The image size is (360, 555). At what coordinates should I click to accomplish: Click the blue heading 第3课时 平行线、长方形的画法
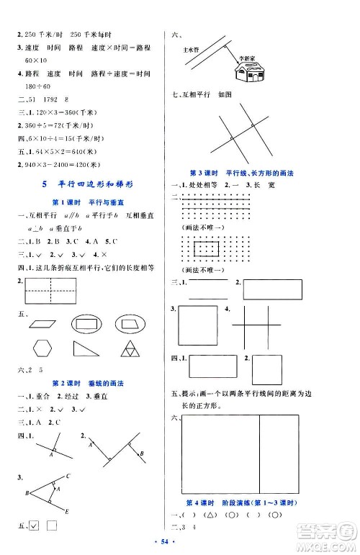tap(264, 174)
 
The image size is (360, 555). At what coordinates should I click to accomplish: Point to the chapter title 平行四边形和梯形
tap(98, 185)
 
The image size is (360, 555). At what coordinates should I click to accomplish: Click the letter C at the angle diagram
tap(67, 477)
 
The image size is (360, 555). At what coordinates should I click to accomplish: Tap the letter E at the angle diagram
tap(67, 511)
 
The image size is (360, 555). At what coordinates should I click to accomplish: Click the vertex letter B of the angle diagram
tap(27, 493)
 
